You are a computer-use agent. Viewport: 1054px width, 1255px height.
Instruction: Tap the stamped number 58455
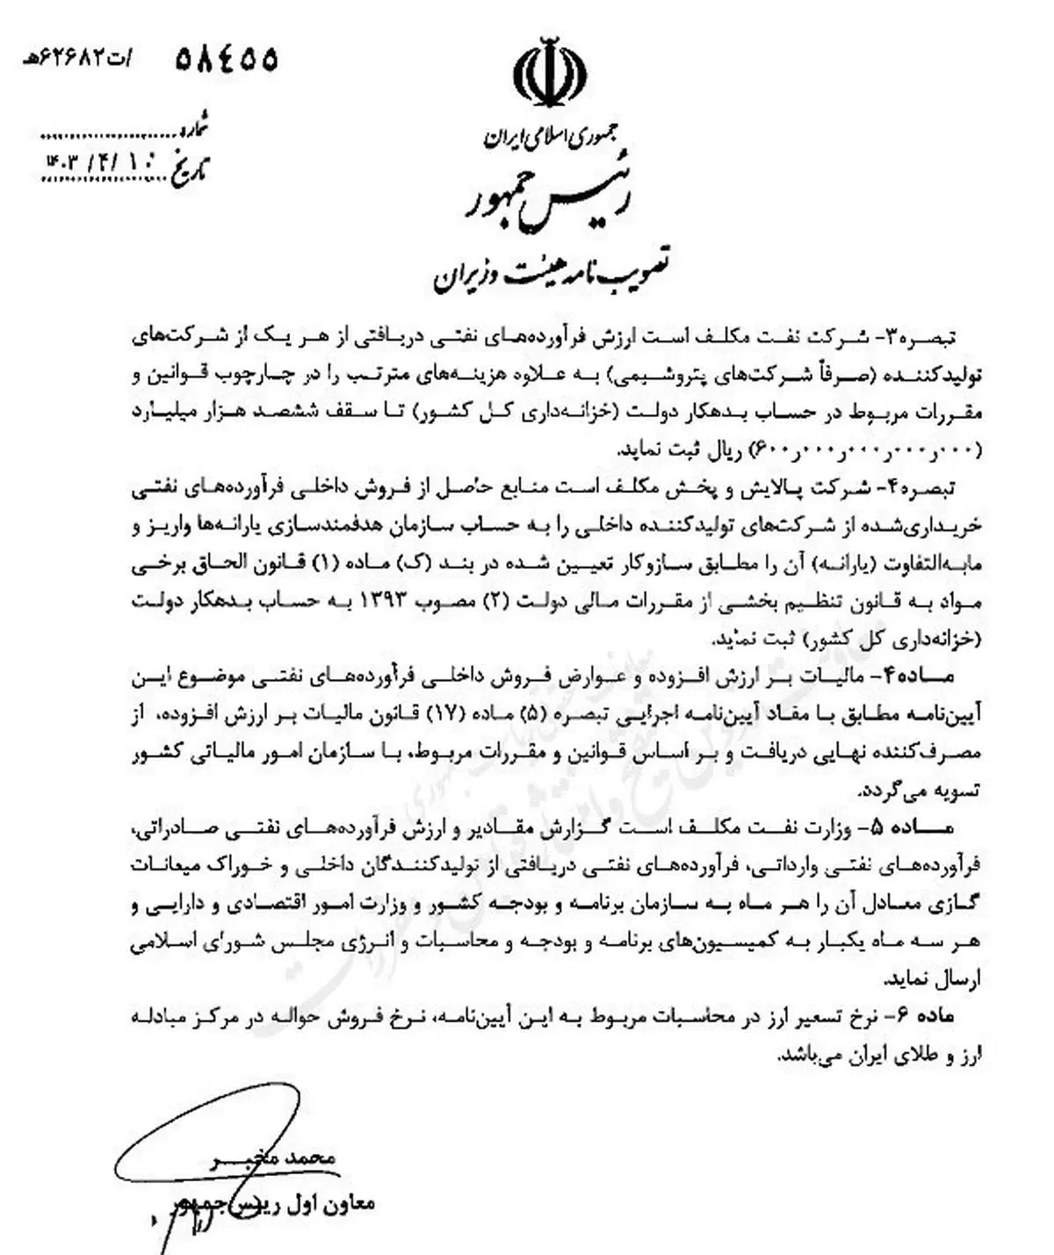227,59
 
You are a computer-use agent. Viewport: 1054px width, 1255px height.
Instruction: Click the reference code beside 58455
77,59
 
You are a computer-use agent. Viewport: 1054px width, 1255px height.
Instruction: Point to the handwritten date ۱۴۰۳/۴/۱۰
101,164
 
